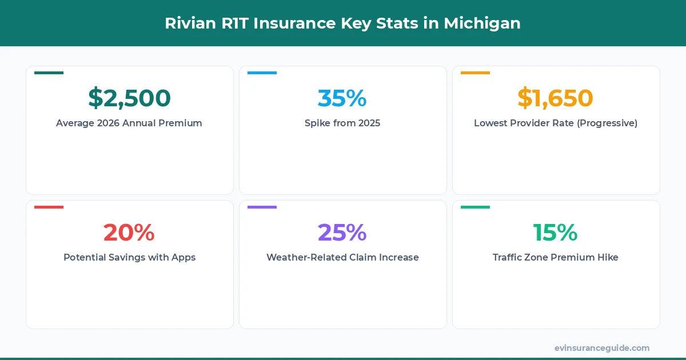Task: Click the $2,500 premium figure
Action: pyautogui.click(x=129, y=98)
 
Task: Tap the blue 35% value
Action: pyautogui.click(x=342, y=98)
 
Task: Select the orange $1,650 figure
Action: pyautogui.click(x=555, y=98)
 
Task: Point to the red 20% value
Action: pyautogui.click(x=129, y=233)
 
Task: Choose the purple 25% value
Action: pyautogui.click(x=342, y=233)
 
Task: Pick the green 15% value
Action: pyautogui.click(x=555, y=233)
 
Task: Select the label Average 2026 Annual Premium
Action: pyautogui.click(x=129, y=123)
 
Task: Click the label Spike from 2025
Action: pyautogui.click(x=342, y=123)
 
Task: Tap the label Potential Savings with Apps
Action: pyautogui.click(x=129, y=257)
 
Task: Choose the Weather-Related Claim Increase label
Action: pyautogui.click(x=342, y=257)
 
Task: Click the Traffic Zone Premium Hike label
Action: pyautogui.click(x=555, y=257)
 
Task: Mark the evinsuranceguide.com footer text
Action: pyautogui.click(x=602, y=347)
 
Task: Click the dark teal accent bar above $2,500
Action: pyautogui.click(x=49, y=73)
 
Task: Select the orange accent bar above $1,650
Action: pyautogui.click(x=475, y=73)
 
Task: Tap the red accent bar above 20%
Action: pyautogui.click(x=49, y=207)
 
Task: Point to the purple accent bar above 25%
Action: pyautogui.click(x=262, y=207)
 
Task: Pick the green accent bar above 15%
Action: pyautogui.click(x=475, y=207)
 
